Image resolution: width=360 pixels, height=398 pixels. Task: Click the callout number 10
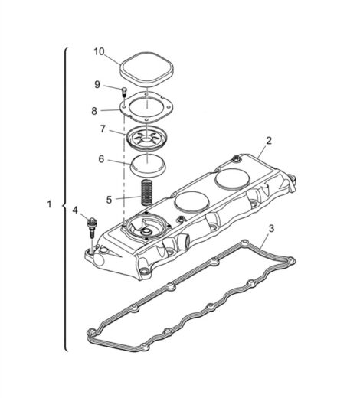pos(100,51)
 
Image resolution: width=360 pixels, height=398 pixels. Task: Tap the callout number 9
pos(97,85)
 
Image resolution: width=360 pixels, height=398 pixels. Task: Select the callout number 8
pos(94,111)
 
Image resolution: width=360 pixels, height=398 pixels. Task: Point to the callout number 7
pos(103,129)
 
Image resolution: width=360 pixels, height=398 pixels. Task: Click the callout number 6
pos(101,159)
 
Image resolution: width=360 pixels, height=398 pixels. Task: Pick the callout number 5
pos(109,200)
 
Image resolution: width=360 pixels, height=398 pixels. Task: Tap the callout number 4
pos(75,210)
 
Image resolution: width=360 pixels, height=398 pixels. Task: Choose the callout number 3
pos(271,228)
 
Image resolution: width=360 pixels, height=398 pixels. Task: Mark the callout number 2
pos(269,141)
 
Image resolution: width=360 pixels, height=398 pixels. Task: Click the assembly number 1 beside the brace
pos(49,204)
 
